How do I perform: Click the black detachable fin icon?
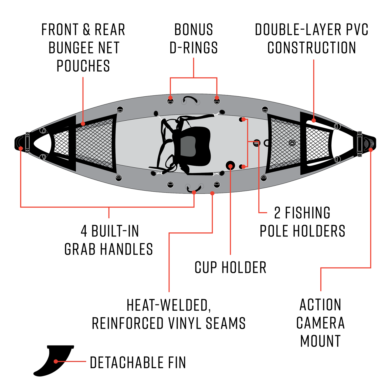(x=53, y=360)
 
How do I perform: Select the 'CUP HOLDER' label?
(x=230, y=268)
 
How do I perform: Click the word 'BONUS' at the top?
(x=194, y=30)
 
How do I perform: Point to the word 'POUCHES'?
(x=83, y=66)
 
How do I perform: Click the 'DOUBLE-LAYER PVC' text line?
(x=311, y=30)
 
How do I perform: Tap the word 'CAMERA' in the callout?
(x=320, y=323)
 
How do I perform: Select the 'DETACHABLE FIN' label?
(x=138, y=362)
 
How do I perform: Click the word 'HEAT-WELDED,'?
(x=169, y=305)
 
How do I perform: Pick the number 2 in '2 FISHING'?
(x=277, y=213)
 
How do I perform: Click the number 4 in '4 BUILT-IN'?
(x=84, y=231)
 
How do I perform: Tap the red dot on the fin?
(x=56, y=361)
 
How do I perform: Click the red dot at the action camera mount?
(x=371, y=150)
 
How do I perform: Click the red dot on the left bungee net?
(x=83, y=124)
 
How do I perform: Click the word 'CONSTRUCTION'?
(x=311, y=48)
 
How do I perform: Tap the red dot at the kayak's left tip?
(x=21, y=148)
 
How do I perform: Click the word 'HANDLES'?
(x=126, y=249)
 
